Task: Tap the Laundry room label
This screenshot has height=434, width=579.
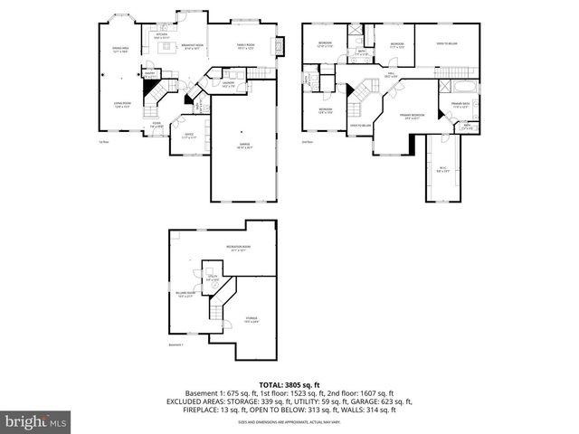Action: click(228, 85)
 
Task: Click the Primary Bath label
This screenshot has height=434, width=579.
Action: click(462, 105)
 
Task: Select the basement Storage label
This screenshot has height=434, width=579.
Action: click(251, 318)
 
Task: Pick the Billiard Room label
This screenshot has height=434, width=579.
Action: click(186, 294)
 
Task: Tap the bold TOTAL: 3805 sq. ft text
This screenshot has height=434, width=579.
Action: click(289, 385)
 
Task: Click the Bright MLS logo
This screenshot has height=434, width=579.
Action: click(36, 421)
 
